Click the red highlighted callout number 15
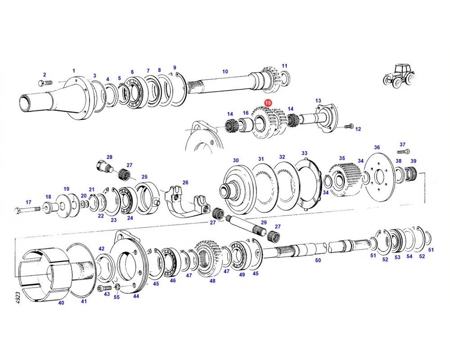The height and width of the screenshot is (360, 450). (x=268, y=103)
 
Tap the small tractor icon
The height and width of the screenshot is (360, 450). (x=399, y=76)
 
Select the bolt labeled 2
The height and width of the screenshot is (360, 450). (x=45, y=83)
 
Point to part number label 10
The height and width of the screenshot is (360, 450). (x=225, y=72)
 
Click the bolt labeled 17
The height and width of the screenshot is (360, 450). (x=28, y=211)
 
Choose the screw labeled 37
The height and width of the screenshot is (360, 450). (x=404, y=151)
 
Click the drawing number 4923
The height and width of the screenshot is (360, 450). (x=18, y=298)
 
